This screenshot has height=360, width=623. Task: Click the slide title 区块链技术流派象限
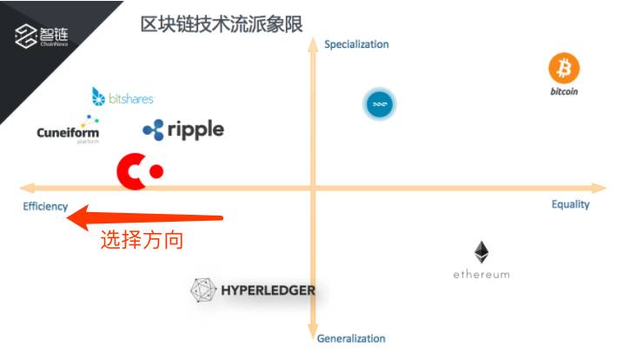[x=222, y=23]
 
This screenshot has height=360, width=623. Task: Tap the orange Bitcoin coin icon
[x=564, y=68]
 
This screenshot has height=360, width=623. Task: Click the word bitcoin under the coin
[x=564, y=91]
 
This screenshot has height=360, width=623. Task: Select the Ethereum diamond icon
[x=481, y=253]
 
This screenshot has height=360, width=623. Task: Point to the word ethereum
[x=481, y=275]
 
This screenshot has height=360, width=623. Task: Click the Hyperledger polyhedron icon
[x=203, y=290]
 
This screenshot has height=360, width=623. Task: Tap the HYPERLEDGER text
[x=267, y=290]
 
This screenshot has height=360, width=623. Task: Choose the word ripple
[x=196, y=130]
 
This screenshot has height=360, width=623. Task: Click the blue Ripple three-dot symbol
[x=154, y=130]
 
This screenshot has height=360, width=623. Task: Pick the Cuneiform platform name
[x=68, y=133]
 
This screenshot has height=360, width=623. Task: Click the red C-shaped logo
[x=138, y=171]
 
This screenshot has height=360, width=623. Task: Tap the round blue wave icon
[x=379, y=104]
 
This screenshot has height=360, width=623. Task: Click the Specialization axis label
[x=356, y=44]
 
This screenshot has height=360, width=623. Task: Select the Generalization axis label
[x=351, y=338]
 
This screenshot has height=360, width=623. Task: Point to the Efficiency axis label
[x=45, y=206]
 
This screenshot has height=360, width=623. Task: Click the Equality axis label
[x=570, y=204]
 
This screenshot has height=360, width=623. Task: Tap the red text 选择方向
[x=142, y=241]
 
